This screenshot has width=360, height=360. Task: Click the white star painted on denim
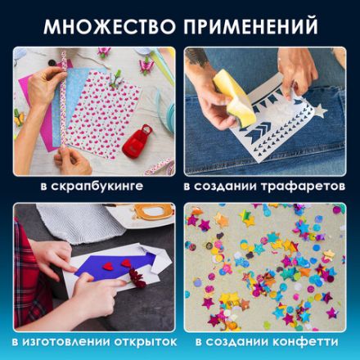coord(319,110)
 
